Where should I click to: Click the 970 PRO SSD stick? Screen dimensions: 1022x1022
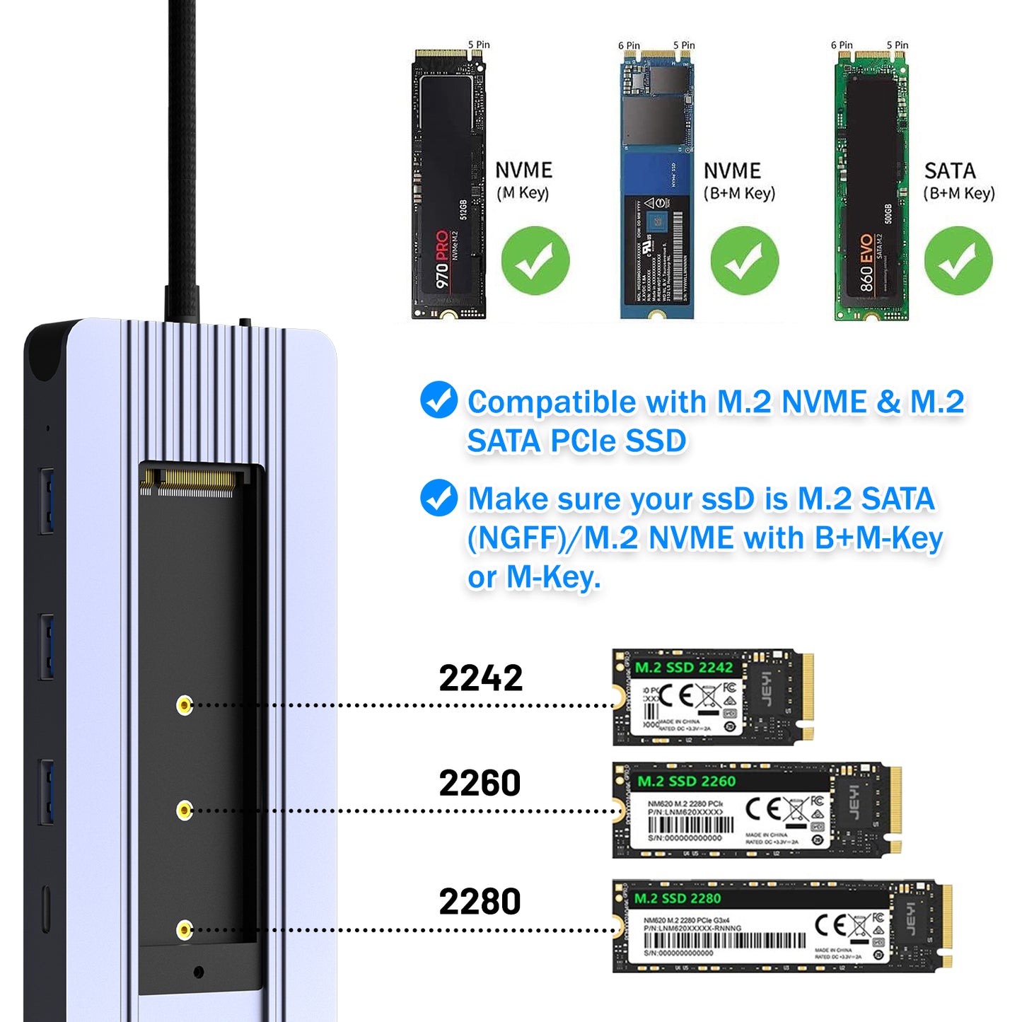coord(448,184)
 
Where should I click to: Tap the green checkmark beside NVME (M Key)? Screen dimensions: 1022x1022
coord(535,260)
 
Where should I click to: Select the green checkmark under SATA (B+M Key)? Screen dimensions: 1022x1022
coord(958,260)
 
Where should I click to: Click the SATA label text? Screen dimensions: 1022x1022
coord(949,170)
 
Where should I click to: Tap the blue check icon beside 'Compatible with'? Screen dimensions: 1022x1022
coord(439,400)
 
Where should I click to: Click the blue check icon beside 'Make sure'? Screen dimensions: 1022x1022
coord(439,497)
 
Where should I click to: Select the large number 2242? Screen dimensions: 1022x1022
coord(480,678)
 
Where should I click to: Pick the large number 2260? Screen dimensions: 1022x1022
coord(480,783)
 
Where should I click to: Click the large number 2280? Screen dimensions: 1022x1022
coord(480,901)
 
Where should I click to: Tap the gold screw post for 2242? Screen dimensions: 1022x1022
coord(185,704)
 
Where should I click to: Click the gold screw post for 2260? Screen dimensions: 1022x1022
coord(185,811)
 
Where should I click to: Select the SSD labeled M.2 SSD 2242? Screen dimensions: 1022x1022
coord(711,697)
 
